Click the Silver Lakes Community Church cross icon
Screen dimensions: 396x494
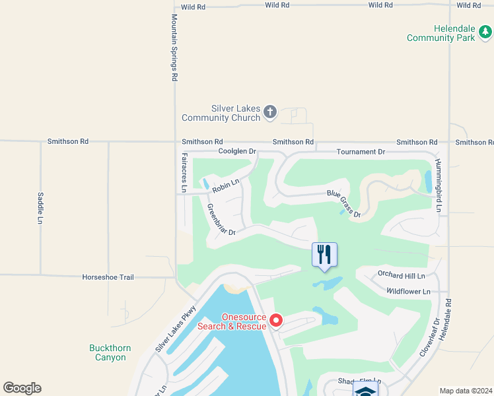269,112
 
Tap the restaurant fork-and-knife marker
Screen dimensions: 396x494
324,254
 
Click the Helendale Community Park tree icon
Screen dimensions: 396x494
486,30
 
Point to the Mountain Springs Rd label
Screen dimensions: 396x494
174,48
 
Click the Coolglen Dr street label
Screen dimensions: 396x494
236,152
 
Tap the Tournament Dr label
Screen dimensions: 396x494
360,152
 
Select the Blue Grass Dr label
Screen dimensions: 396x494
344,203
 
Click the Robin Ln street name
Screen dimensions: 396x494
225,184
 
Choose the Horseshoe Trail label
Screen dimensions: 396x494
108,277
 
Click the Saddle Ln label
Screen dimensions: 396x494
40,207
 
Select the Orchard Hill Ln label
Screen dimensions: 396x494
401,275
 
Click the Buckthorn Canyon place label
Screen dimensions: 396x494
110,352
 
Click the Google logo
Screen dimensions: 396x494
22,388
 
